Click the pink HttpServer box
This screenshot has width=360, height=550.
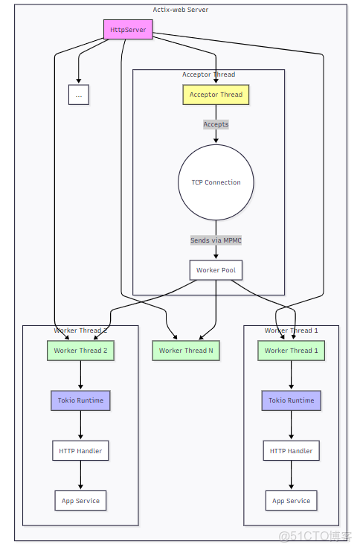point(128,30)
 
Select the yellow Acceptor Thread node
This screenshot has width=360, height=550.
point(216,95)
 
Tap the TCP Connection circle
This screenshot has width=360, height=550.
point(216,182)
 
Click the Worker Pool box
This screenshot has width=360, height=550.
point(216,270)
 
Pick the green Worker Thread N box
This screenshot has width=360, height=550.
point(186,351)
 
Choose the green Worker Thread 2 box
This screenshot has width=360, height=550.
point(80,351)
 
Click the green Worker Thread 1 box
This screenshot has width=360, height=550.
point(291,351)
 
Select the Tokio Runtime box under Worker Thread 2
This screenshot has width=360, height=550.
point(80,400)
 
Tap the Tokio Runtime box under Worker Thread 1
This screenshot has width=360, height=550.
point(291,400)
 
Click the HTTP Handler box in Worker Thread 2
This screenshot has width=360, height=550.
point(80,450)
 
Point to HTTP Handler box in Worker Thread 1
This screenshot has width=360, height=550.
point(291,450)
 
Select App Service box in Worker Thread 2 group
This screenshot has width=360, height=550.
point(80,501)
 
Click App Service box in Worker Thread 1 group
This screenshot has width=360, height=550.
point(291,501)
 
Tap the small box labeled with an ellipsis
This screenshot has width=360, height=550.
point(78,95)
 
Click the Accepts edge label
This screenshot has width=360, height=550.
point(216,124)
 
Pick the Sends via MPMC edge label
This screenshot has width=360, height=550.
point(216,240)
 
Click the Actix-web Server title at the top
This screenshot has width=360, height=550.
point(181,10)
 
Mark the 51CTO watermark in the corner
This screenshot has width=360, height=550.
point(315,537)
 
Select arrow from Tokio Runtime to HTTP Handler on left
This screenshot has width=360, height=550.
point(80,425)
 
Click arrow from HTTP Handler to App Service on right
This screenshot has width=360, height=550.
point(291,476)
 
